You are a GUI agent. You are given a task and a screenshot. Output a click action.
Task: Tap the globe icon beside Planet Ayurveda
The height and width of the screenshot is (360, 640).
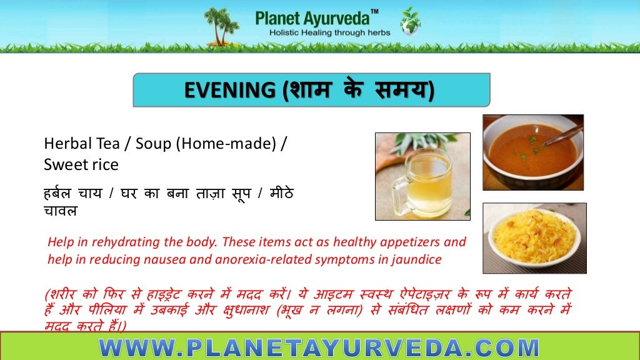(411, 21)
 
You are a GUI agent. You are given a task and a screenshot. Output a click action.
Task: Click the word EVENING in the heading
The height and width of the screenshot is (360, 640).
(229, 90)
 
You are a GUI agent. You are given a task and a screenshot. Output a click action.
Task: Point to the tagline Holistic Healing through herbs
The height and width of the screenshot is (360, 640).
(329, 32)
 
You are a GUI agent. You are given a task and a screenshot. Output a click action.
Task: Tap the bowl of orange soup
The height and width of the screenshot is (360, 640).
(531, 154)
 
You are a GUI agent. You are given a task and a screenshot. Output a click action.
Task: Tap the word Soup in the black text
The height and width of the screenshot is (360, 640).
(152, 144)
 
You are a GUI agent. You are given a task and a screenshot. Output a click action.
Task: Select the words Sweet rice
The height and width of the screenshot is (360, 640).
(81, 166)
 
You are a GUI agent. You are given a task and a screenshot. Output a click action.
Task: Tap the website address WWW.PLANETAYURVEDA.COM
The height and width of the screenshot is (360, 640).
(319, 347)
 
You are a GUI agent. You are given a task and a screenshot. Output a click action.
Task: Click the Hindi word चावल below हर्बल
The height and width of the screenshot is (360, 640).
(61, 211)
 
